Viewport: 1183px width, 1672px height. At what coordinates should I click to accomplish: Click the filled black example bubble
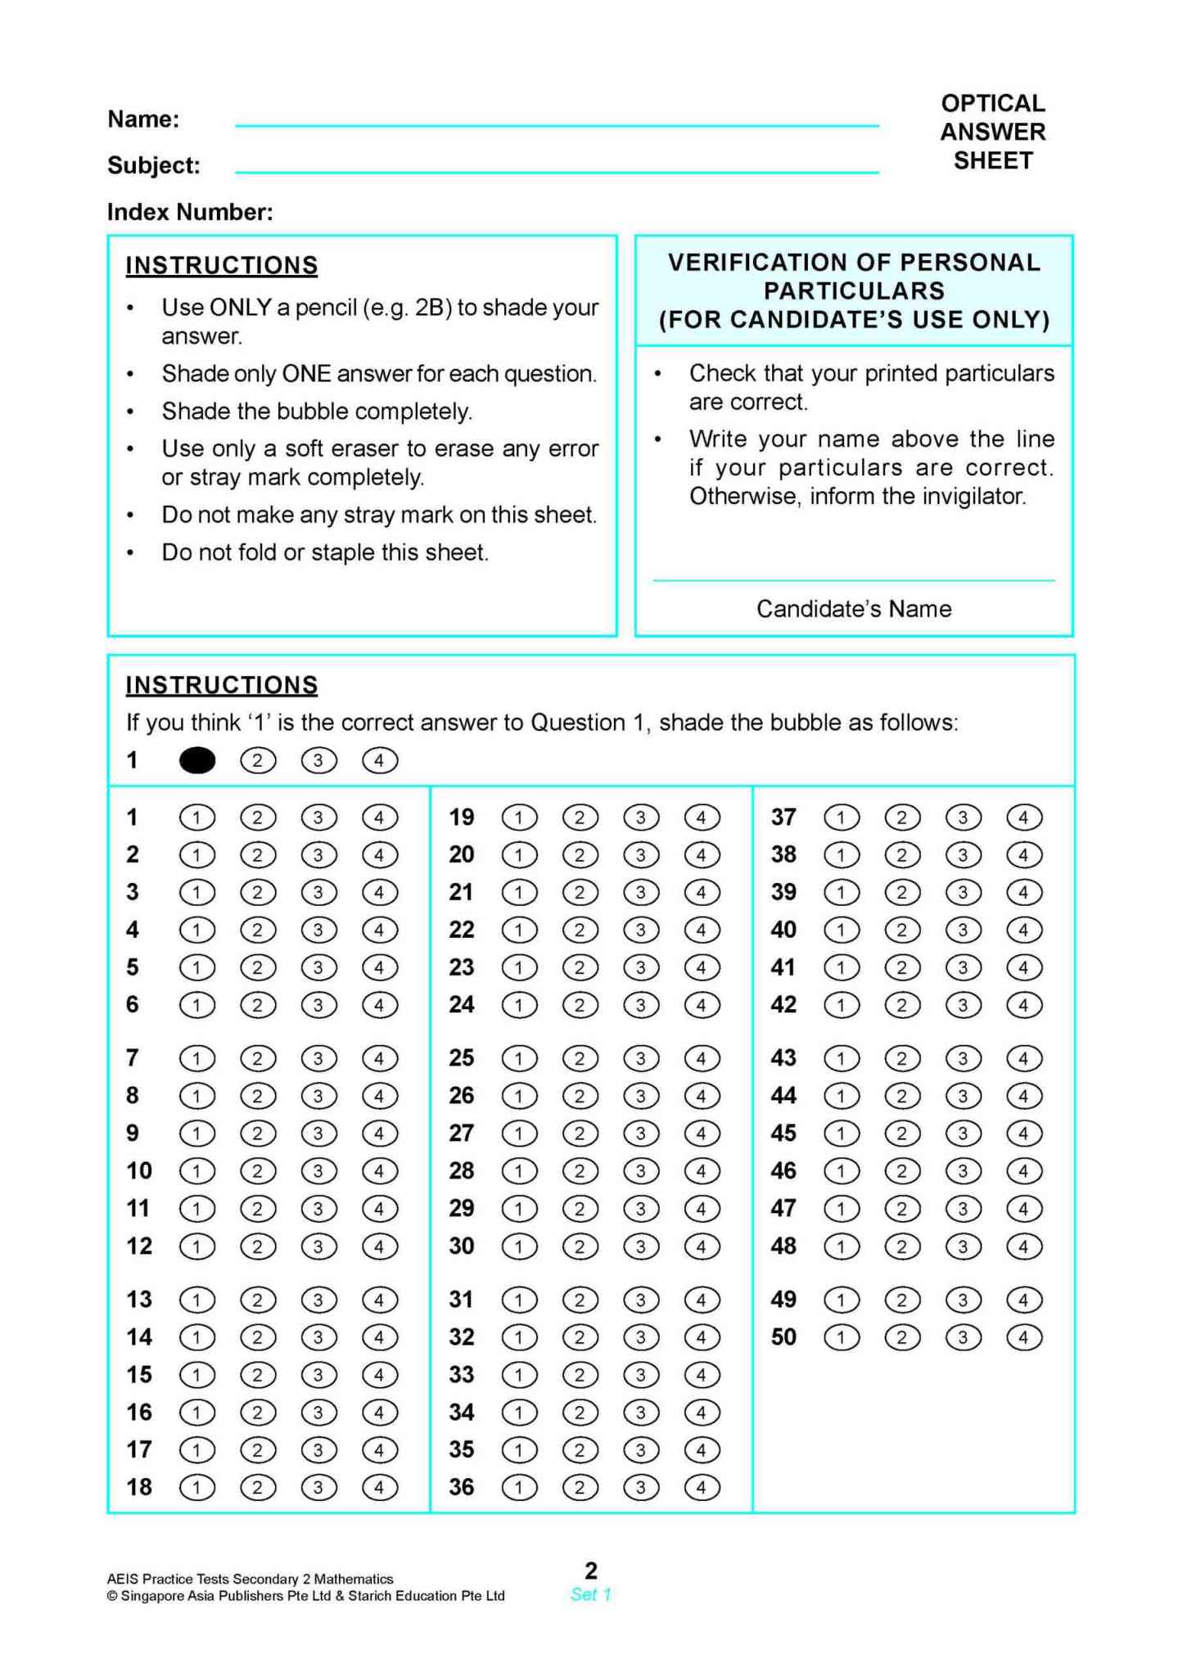[x=196, y=760]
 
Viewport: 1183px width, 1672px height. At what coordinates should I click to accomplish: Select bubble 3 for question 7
[x=318, y=1058]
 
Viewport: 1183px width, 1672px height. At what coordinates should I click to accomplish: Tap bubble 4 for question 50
[x=1023, y=1337]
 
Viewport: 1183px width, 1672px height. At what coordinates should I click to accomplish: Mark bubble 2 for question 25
[x=580, y=1058]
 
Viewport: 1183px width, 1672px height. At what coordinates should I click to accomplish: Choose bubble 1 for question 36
[x=519, y=1487]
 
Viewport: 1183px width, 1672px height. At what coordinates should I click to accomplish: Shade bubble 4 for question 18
[x=379, y=1487]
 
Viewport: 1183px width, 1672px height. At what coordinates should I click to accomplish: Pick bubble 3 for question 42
[x=963, y=1005]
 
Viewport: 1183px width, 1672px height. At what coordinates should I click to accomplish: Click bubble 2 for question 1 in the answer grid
[x=258, y=818]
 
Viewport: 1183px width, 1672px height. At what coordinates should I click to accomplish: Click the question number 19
[x=461, y=817]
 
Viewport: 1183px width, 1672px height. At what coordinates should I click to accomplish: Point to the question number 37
[x=783, y=817]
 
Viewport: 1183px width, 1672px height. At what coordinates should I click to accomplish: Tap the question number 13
[x=138, y=1299]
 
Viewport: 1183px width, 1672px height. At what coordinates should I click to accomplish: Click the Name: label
[x=143, y=119]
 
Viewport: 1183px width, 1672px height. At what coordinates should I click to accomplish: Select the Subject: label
[x=153, y=165]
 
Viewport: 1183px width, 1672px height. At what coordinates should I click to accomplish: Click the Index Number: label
[x=190, y=212]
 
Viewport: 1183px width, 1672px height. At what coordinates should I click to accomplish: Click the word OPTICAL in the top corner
[x=992, y=103]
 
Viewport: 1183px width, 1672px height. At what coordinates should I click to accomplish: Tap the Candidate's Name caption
[x=853, y=609]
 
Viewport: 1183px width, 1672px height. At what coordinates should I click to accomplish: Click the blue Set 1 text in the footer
[x=590, y=1594]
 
